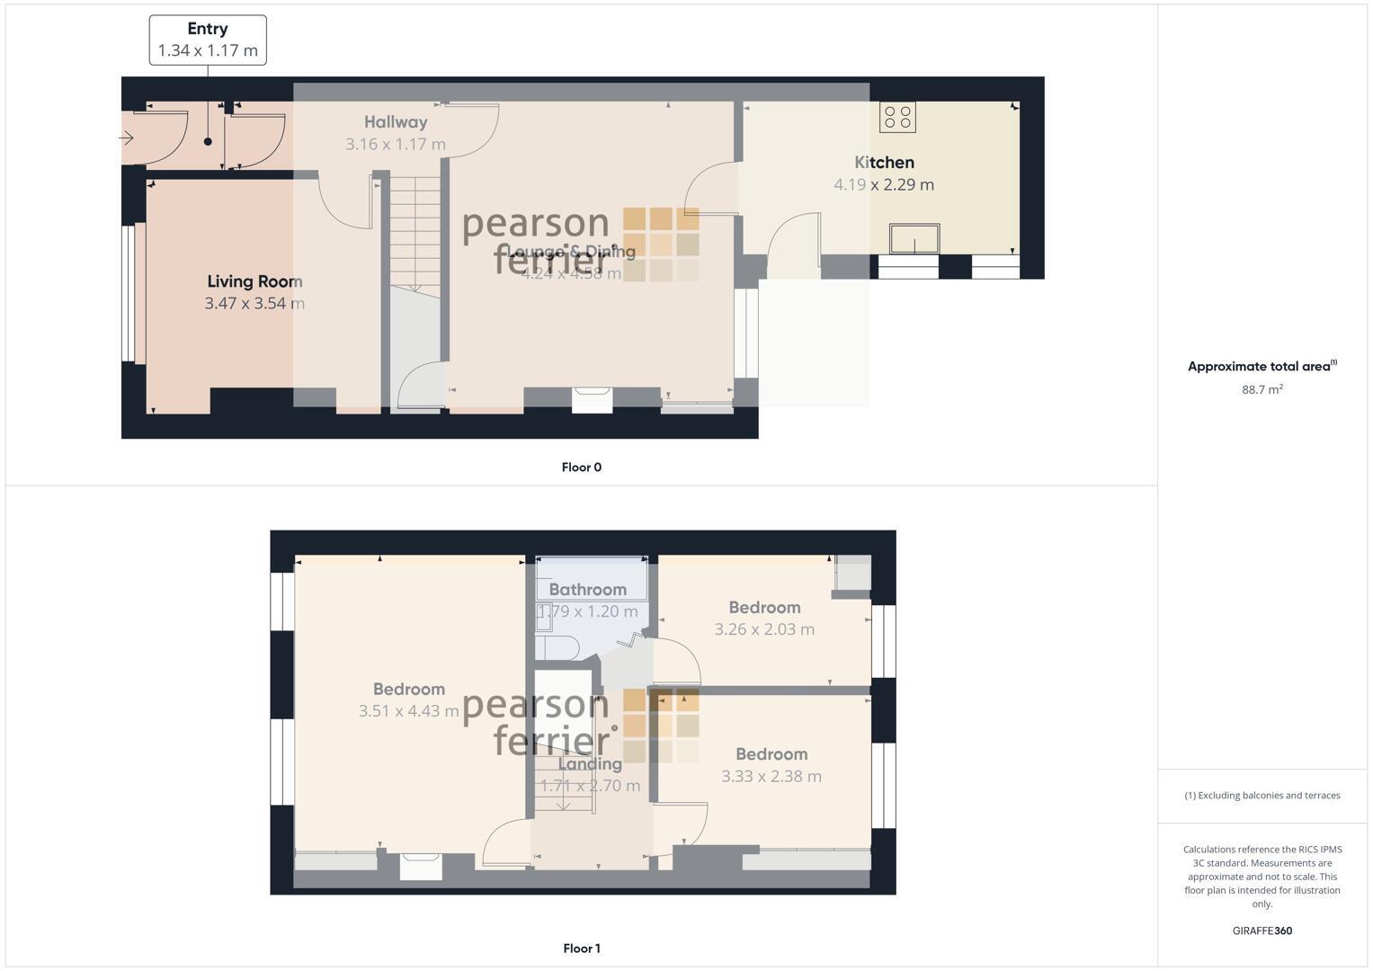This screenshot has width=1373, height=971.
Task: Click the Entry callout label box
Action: [208, 40]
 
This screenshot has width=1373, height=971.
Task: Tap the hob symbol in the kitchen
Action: [897, 117]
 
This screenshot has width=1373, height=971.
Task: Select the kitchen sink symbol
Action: [914, 239]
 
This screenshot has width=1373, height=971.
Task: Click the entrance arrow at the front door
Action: [126, 138]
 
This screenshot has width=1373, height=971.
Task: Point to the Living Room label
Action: [254, 281]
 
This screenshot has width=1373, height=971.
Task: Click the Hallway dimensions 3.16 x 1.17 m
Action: [396, 144]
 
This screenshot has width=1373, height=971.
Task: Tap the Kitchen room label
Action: [884, 163]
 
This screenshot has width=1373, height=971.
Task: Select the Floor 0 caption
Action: [581, 468]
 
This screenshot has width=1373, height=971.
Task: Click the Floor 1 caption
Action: [581, 949]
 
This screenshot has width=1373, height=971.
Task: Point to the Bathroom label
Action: [587, 590]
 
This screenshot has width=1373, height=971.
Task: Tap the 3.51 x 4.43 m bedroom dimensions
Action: [408, 711]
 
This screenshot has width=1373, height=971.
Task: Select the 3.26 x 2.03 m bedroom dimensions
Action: [764, 629]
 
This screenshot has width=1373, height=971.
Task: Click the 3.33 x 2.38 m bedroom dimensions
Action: [771, 776]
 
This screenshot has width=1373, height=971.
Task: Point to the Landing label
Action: [590, 764]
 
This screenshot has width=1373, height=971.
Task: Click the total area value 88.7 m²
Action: [1262, 389]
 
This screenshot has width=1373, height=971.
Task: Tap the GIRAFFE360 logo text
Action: [1262, 931]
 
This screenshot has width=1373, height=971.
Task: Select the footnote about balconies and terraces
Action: [1262, 796]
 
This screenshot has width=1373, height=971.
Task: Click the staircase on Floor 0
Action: [415, 234]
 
